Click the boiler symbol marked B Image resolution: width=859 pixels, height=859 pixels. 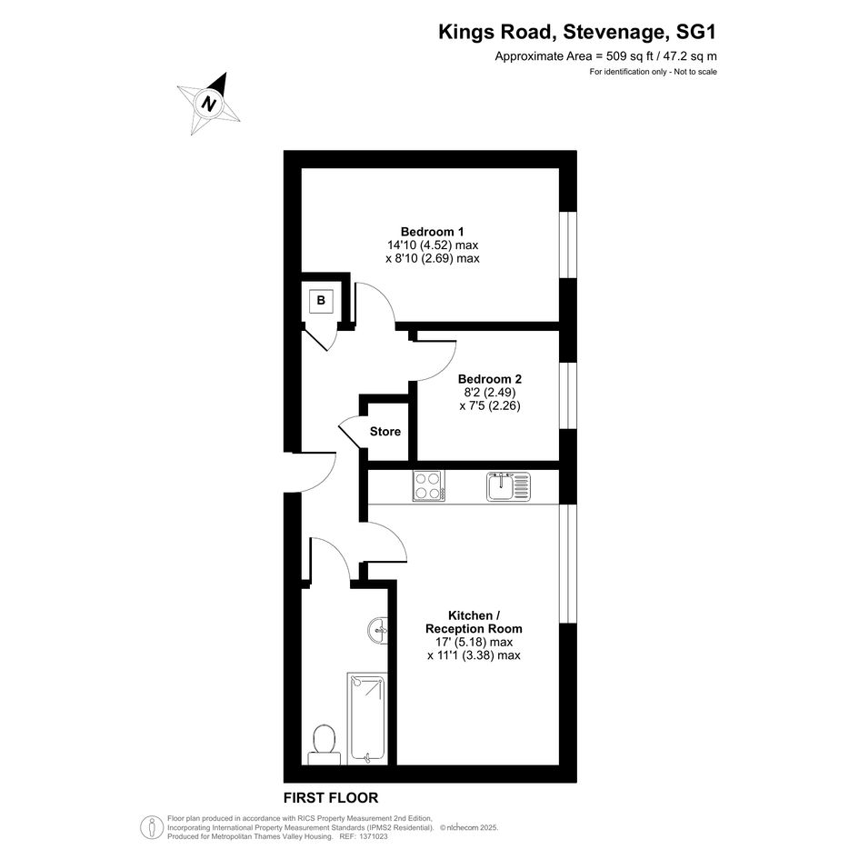point(321,301)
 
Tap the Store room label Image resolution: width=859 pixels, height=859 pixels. point(385,432)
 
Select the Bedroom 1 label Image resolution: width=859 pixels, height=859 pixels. point(433,232)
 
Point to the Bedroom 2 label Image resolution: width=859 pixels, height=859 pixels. point(490,379)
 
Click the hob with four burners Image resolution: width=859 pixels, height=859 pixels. point(429,486)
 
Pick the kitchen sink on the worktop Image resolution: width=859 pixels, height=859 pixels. point(508,486)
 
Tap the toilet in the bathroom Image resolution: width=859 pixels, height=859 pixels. point(324,744)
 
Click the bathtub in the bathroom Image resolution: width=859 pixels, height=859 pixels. point(366,719)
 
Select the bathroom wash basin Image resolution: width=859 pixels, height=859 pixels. point(378,631)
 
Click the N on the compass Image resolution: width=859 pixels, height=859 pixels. point(207,103)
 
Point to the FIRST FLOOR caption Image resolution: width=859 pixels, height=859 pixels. point(331,798)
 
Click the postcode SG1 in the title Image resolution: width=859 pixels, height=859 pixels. point(696,33)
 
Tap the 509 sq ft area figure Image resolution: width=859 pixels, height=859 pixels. point(629,55)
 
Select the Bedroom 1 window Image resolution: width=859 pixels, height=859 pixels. point(568,245)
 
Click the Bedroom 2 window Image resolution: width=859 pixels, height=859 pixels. point(568,395)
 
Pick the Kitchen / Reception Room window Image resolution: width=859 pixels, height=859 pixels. point(568,564)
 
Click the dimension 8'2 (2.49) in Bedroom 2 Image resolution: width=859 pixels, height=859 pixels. point(490,393)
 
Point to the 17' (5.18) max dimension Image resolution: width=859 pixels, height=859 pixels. point(470,642)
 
